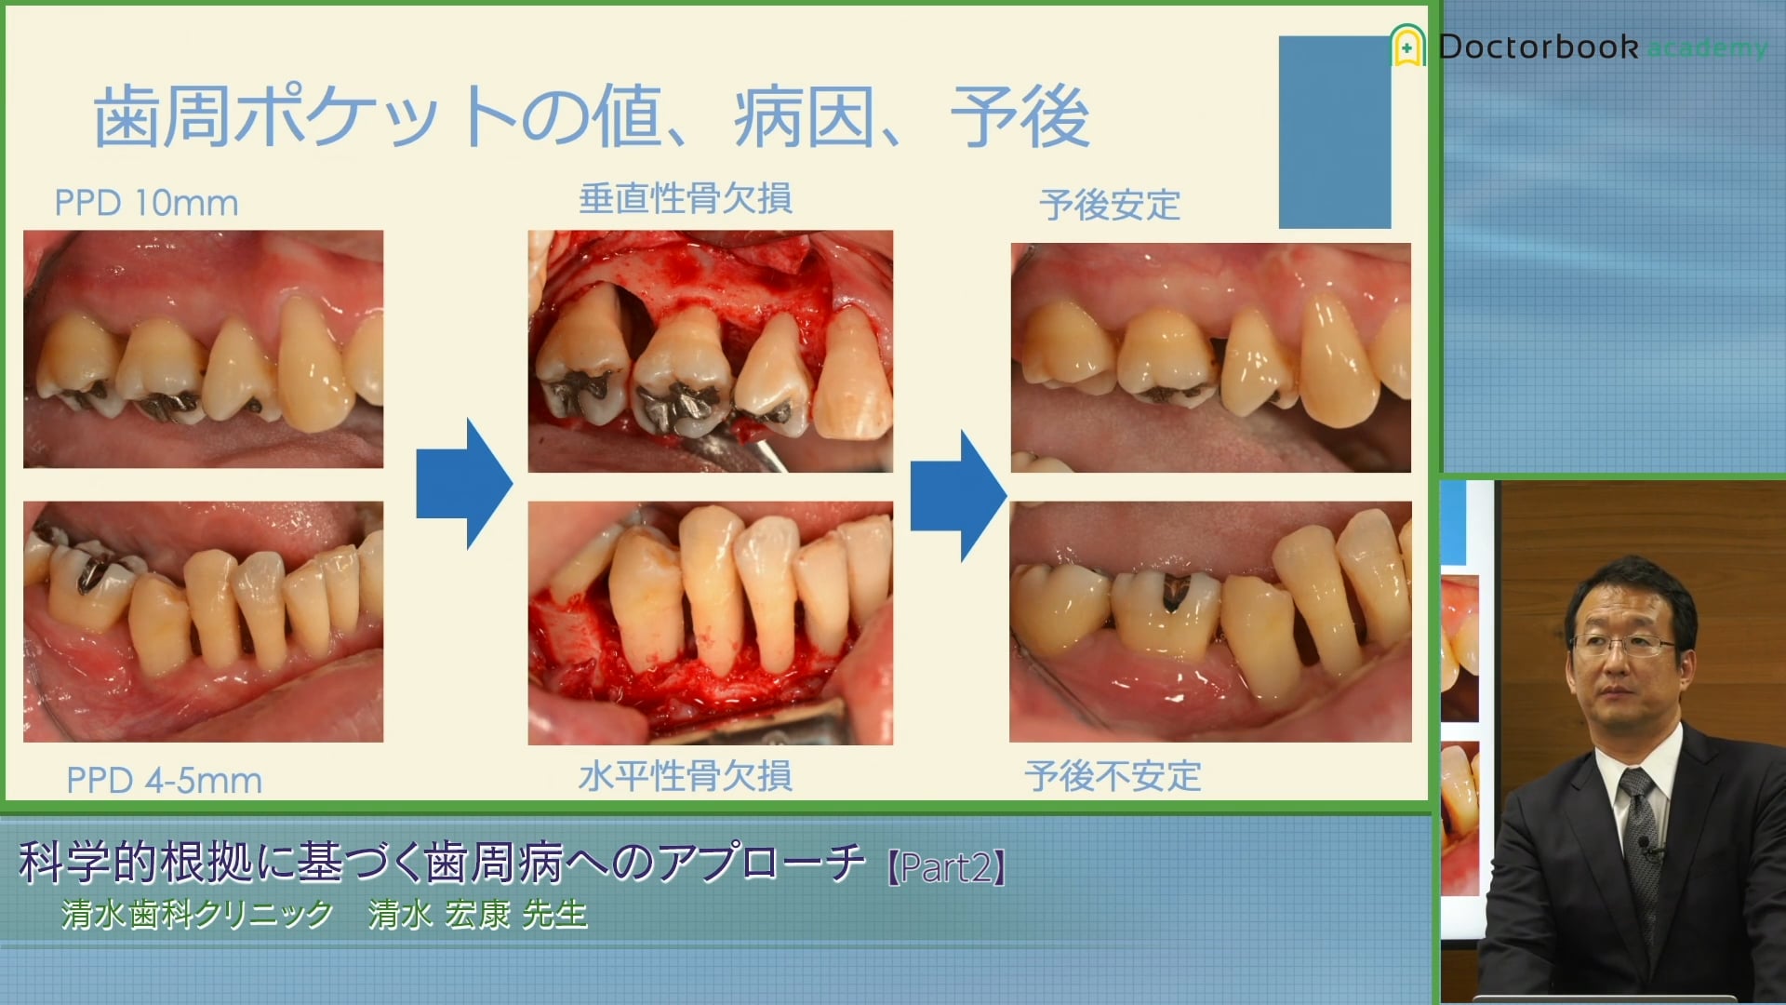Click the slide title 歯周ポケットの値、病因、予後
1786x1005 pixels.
click(592, 116)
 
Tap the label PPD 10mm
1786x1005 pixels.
click(146, 203)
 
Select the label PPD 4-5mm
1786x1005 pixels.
click(164, 780)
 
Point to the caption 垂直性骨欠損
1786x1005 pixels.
click(686, 198)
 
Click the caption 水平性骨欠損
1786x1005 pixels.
click(686, 775)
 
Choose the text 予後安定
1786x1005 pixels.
click(1110, 205)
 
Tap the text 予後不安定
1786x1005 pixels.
click(1113, 775)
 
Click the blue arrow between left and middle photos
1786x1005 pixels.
click(464, 483)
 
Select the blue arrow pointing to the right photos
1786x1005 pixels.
click(958, 495)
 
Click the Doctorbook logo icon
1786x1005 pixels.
click(1407, 46)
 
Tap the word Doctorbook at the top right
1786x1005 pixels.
click(1539, 47)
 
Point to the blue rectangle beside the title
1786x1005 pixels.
click(1335, 132)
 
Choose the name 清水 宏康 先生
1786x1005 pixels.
click(478, 915)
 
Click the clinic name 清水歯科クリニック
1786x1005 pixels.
click(197, 915)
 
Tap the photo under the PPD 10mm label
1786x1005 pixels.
click(203, 349)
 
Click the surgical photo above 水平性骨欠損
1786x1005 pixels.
click(711, 623)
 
